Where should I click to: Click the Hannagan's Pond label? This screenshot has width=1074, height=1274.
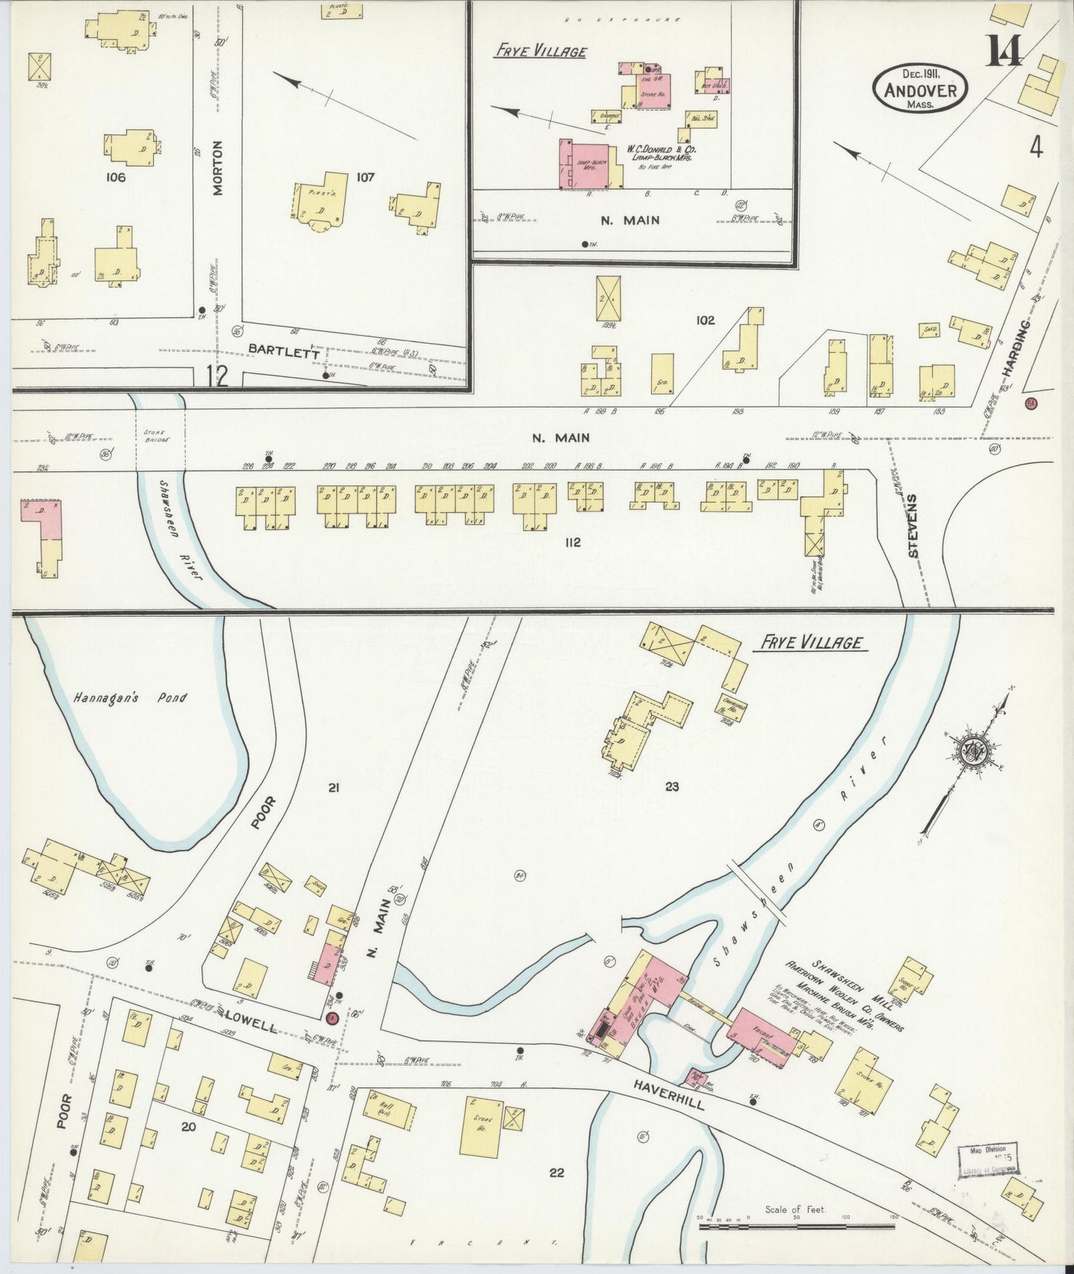pyautogui.click(x=130, y=698)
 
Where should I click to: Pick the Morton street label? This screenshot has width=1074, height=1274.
pyautogui.click(x=218, y=168)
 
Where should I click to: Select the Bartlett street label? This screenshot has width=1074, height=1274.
pyautogui.click(x=283, y=352)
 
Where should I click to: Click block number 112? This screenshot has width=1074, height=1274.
pyautogui.click(x=572, y=543)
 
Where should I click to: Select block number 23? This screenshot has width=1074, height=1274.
pyautogui.click(x=672, y=786)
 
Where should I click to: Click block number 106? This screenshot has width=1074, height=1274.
pyautogui.click(x=116, y=177)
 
